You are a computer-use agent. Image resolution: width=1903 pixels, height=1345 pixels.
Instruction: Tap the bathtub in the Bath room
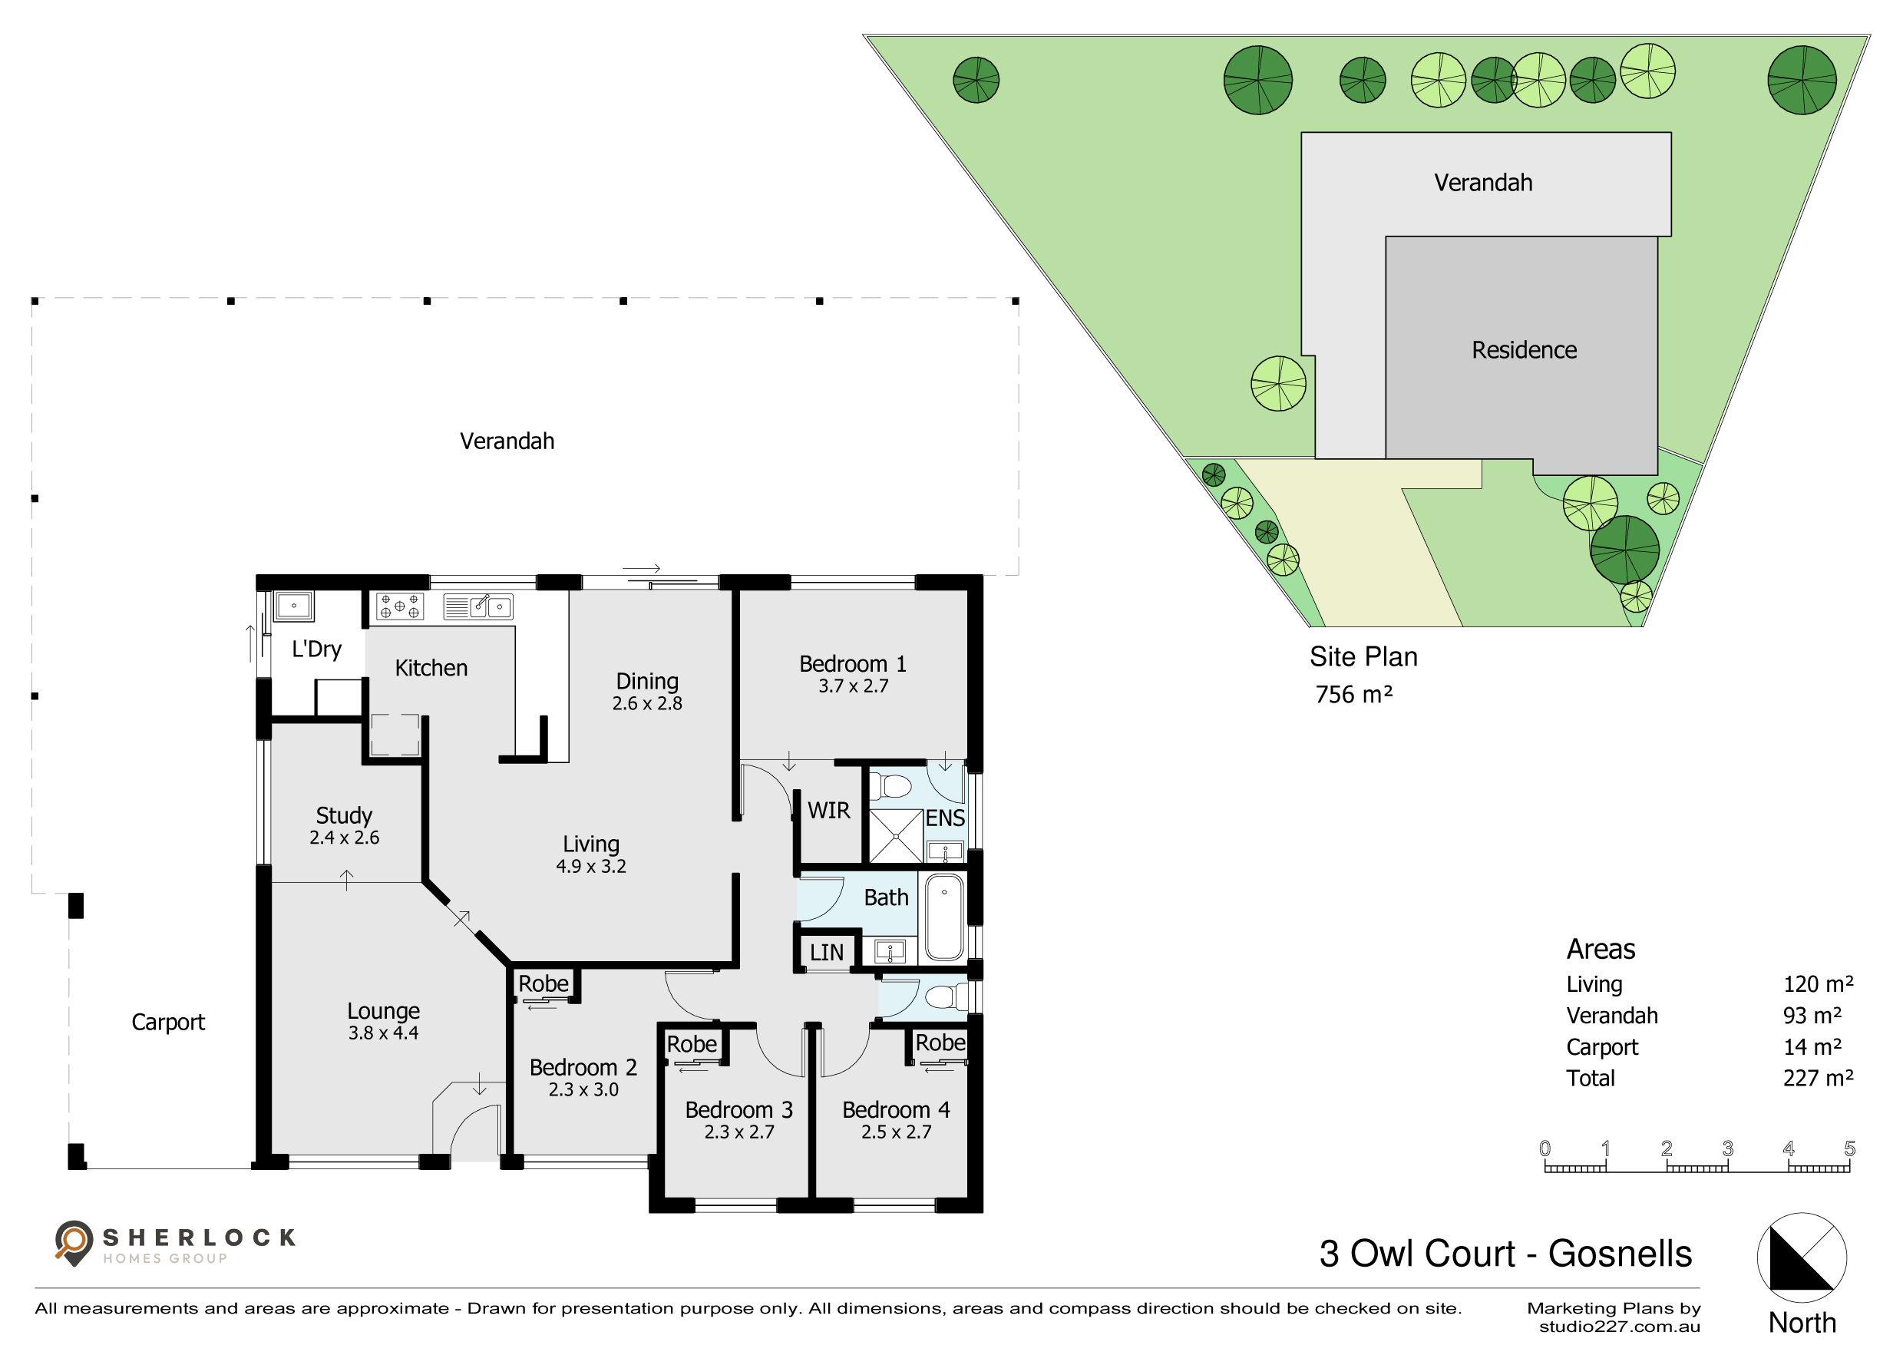tap(944, 917)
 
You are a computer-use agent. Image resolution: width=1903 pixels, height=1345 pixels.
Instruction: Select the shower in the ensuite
tap(896, 836)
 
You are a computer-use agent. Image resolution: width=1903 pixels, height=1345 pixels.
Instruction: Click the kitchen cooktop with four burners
tap(399, 606)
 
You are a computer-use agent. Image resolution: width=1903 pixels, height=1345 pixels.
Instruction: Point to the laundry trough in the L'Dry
tap(293, 606)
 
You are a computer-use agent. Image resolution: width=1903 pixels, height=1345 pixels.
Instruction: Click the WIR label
tap(829, 811)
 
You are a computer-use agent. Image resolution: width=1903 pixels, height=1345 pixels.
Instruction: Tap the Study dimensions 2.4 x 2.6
tap(344, 838)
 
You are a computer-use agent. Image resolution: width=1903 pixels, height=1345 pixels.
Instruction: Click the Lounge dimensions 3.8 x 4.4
tap(383, 1033)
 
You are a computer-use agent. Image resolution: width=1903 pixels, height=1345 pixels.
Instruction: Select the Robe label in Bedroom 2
tap(543, 983)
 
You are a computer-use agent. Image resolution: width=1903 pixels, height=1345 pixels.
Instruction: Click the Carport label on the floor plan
tap(168, 1023)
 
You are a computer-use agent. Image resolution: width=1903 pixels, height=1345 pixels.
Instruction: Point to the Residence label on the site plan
tap(1525, 350)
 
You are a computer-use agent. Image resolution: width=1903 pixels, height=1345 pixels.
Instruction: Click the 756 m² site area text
tap(1353, 695)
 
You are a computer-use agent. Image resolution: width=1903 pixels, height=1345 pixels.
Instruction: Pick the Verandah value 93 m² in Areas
tap(1812, 1015)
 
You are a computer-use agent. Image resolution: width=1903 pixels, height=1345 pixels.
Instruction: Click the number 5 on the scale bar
tap(1849, 1148)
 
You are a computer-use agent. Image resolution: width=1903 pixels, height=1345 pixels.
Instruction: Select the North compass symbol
tap(1801, 1258)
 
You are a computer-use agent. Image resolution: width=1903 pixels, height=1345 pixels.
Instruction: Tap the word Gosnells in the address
tap(1620, 1254)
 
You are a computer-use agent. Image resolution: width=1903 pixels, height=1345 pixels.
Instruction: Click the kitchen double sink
tap(478, 606)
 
